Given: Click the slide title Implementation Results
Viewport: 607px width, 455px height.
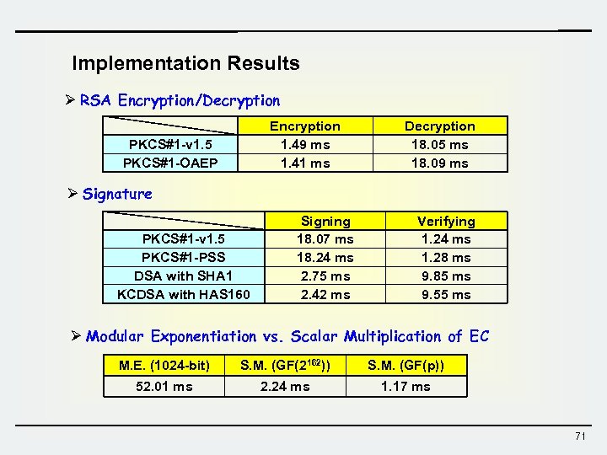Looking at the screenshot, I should click(x=185, y=63).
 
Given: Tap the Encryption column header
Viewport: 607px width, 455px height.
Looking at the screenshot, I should click(x=305, y=126).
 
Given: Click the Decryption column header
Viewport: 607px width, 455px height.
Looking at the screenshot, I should click(x=439, y=126).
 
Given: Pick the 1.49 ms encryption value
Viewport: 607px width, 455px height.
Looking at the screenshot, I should click(x=305, y=144).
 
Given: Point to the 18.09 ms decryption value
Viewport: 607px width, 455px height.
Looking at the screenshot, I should click(x=439, y=163).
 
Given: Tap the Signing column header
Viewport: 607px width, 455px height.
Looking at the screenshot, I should click(x=325, y=221).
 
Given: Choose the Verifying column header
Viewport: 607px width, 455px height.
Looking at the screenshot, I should click(x=446, y=221).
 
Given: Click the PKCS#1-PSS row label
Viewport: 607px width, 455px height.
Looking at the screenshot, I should click(x=183, y=257).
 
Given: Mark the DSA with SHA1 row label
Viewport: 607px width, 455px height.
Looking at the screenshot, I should click(x=183, y=276).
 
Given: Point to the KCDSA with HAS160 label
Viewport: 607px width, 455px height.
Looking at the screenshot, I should click(x=183, y=294).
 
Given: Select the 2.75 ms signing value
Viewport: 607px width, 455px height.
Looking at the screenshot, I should click(x=325, y=276).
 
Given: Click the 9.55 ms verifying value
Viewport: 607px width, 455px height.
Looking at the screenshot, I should click(x=446, y=294).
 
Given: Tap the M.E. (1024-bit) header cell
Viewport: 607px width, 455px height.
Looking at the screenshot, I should click(x=164, y=365).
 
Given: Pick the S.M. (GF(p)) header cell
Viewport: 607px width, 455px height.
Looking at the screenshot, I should click(x=406, y=365).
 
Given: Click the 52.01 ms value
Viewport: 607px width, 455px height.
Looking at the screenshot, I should click(x=164, y=386).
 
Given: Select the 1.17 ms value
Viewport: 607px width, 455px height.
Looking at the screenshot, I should click(x=406, y=386).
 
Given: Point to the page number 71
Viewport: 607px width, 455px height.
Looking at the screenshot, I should click(x=579, y=436).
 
